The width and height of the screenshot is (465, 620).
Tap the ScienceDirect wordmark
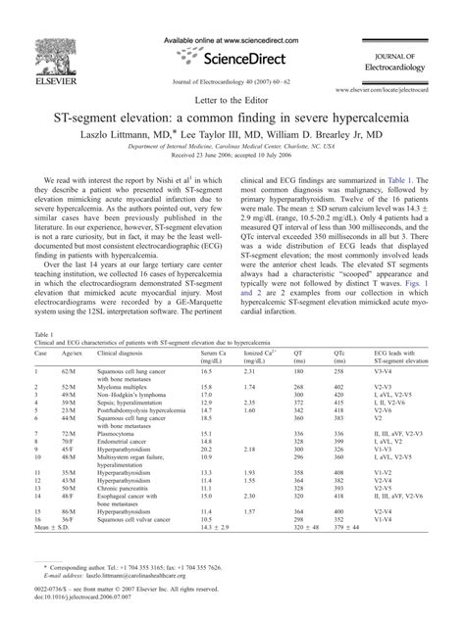[232, 57]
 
